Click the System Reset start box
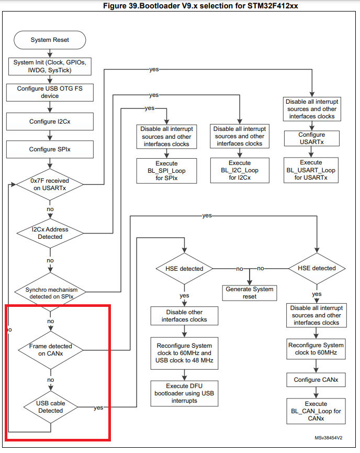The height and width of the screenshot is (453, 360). pyautogui.click(x=50, y=40)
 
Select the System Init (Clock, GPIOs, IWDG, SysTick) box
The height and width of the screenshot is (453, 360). pyautogui.click(x=50, y=67)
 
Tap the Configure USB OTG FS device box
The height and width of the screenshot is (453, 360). pyautogui.click(x=50, y=92)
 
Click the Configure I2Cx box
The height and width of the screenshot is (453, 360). pyautogui.click(x=50, y=121)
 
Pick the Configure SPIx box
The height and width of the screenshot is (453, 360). pyautogui.click(x=50, y=149)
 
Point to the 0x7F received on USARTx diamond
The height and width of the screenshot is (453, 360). pyautogui.click(x=50, y=185)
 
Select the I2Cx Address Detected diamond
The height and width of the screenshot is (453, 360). pyautogui.click(x=50, y=233)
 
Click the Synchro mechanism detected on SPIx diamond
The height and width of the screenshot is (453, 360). pyautogui.click(x=50, y=293)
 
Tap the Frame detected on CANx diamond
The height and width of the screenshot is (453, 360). pyautogui.click(x=50, y=349)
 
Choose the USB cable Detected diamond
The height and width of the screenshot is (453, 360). pyautogui.click(x=50, y=407)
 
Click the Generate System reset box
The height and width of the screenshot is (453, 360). pyautogui.click(x=250, y=292)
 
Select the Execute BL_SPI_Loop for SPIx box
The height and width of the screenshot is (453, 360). pyautogui.click(x=166, y=171)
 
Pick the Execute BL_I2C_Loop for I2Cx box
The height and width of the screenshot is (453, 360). pyautogui.click(x=240, y=171)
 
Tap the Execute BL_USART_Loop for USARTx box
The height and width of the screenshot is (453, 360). pyautogui.click(x=311, y=170)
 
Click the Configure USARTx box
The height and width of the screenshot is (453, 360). pyautogui.click(x=311, y=138)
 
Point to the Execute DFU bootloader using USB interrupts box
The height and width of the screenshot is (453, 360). pyautogui.click(x=184, y=393)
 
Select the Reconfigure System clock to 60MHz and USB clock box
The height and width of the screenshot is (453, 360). pyautogui.click(x=184, y=353)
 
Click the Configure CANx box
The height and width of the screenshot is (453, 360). pyautogui.click(x=316, y=380)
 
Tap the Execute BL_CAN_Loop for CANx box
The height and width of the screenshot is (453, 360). pyautogui.click(x=316, y=411)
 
